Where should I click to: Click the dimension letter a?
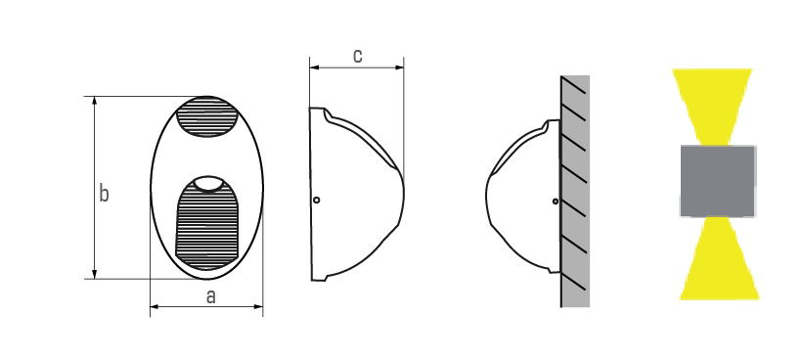210,296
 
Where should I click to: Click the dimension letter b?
104,194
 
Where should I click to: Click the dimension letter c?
358,56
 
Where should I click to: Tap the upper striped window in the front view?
207,116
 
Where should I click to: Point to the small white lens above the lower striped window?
209,183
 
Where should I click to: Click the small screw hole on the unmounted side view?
317,200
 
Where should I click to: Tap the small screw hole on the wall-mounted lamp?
556,202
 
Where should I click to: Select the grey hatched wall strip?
575,191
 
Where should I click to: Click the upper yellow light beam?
712,106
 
